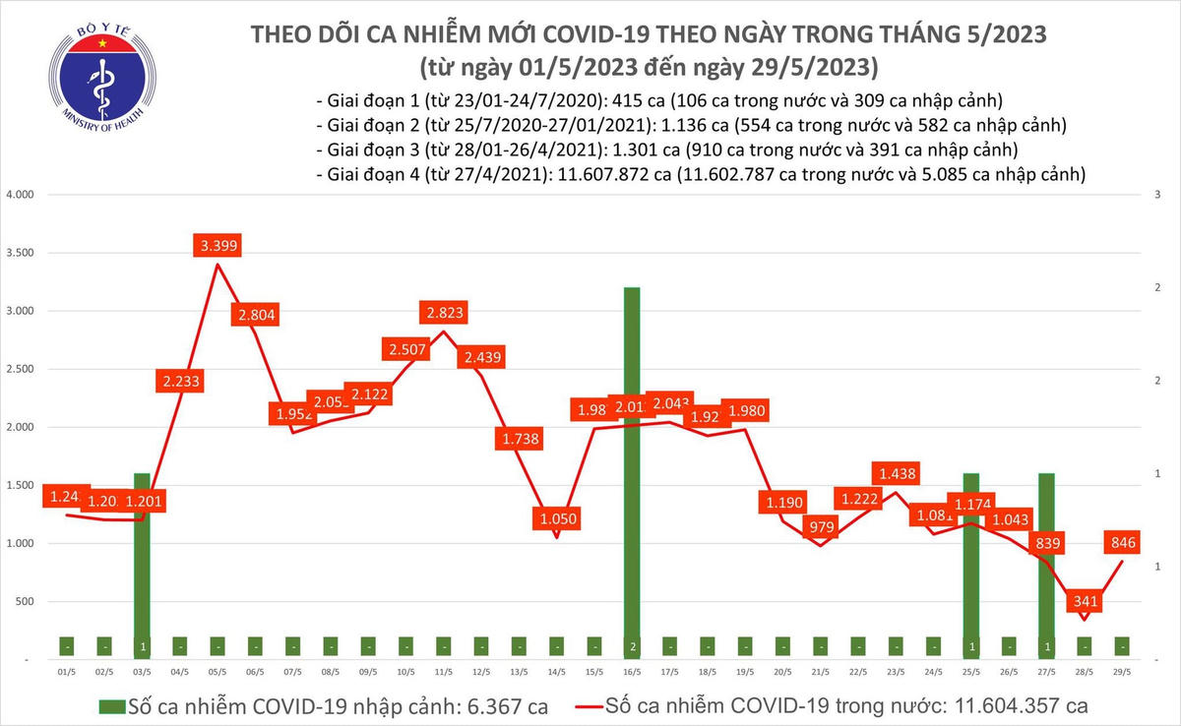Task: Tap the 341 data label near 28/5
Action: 1086,600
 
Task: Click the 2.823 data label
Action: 442,314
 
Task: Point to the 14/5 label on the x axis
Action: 556,673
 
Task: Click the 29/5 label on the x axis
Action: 1121,673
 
